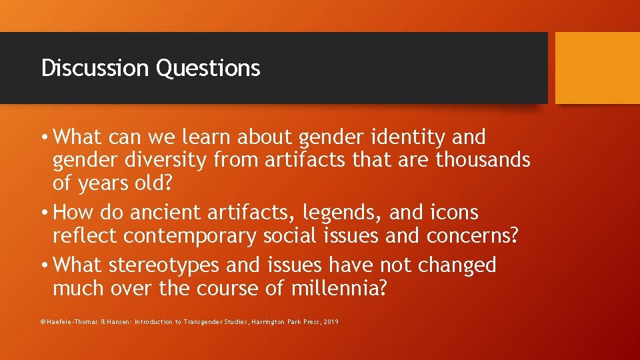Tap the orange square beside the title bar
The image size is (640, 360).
(x=597, y=68)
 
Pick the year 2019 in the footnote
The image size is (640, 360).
(x=329, y=322)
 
